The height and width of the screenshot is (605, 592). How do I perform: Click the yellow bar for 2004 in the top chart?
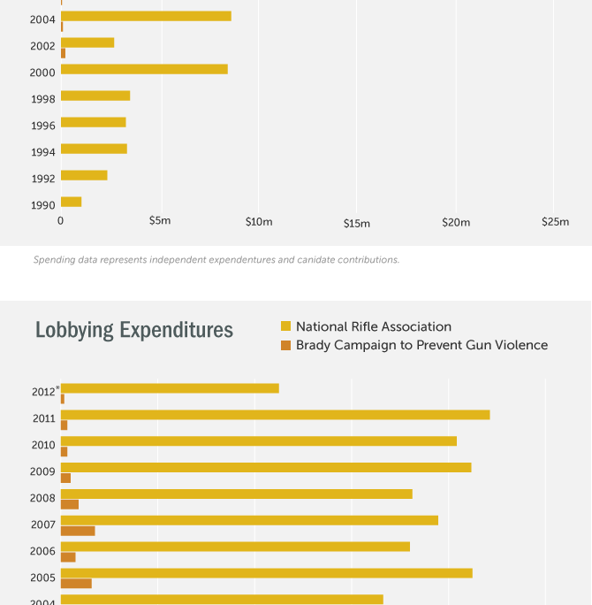[146, 16]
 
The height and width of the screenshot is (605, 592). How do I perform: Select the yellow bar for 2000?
[144, 69]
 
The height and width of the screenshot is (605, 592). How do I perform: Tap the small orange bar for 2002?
[63, 53]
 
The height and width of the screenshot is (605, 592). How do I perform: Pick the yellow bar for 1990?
[71, 202]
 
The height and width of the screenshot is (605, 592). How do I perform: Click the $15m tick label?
[357, 224]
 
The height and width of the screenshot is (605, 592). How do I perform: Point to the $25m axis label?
[555, 222]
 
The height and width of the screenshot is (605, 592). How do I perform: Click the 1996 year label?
[42, 126]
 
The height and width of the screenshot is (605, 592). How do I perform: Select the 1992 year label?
[42, 179]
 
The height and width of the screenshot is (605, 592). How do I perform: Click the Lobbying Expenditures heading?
[134, 331]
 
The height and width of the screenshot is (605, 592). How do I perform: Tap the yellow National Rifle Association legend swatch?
[285, 326]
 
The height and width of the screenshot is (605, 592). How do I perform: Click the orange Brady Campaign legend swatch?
[285, 345]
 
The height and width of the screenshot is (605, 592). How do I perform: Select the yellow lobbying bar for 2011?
[275, 415]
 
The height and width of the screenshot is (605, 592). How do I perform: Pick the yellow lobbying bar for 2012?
[170, 388]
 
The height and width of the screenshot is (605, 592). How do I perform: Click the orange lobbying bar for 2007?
[78, 531]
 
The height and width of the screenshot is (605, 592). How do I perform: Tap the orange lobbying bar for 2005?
[76, 584]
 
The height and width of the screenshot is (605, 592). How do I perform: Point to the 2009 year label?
[42, 471]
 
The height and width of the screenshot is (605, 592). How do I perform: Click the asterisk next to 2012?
[57, 387]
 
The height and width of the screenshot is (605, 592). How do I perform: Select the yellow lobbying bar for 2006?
[235, 547]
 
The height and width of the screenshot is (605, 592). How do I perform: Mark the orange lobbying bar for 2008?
[70, 504]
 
